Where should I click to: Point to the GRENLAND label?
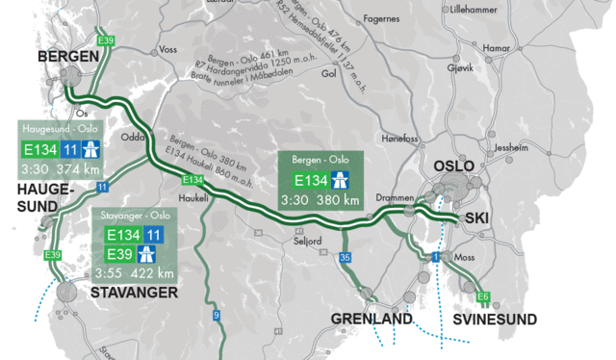(372, 319)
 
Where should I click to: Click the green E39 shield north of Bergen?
(107, 40)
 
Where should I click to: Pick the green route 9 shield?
(216, 314)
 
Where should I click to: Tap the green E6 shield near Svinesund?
(482, 296)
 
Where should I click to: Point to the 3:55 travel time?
(109, 272)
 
